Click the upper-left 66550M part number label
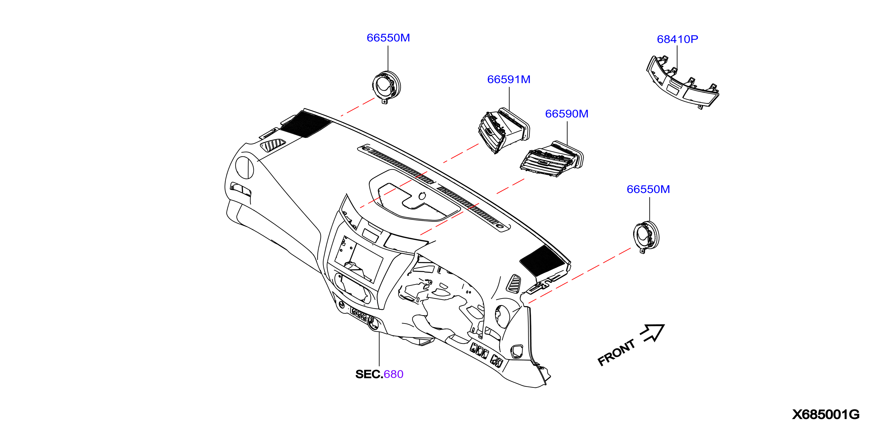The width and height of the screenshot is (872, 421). pyautogui.click(x=388, y=38)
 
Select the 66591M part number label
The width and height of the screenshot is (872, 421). pyautogui.click(x=508, y=79)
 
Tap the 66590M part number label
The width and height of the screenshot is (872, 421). pyautogui.click(x=567, y=114)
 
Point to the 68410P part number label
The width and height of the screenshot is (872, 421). pyautogui.click(x=677, y=39)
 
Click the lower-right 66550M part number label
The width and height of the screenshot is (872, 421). pyautogui.click(x=648, y=189)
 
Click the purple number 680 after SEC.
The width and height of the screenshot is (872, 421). pyautogui.click(x=393, y=374)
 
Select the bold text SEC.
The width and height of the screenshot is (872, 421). pyautogui.click(x=369, y=374)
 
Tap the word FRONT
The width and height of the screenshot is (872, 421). pyautogui.click(x=616, y=353)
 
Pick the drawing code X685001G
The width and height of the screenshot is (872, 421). pyautogui.click(x=825, y=414)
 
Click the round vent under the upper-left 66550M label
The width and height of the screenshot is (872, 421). pyautogui.click(x=386, y=87)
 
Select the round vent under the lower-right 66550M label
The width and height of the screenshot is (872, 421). pyautogui.click(x=646, y=236)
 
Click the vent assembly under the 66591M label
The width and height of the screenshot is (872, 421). pyautogui.click(x=503, y=131)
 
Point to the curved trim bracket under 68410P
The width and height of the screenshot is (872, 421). pyautogui.click(x=682, y=82)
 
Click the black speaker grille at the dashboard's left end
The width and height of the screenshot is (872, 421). pyautogui.click(x=306, y=124)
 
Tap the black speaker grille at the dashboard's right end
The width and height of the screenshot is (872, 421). pyautogui.click(x=542, y=260)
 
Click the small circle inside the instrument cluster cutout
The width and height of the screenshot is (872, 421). pyautogui.click(x=422, y=196)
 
